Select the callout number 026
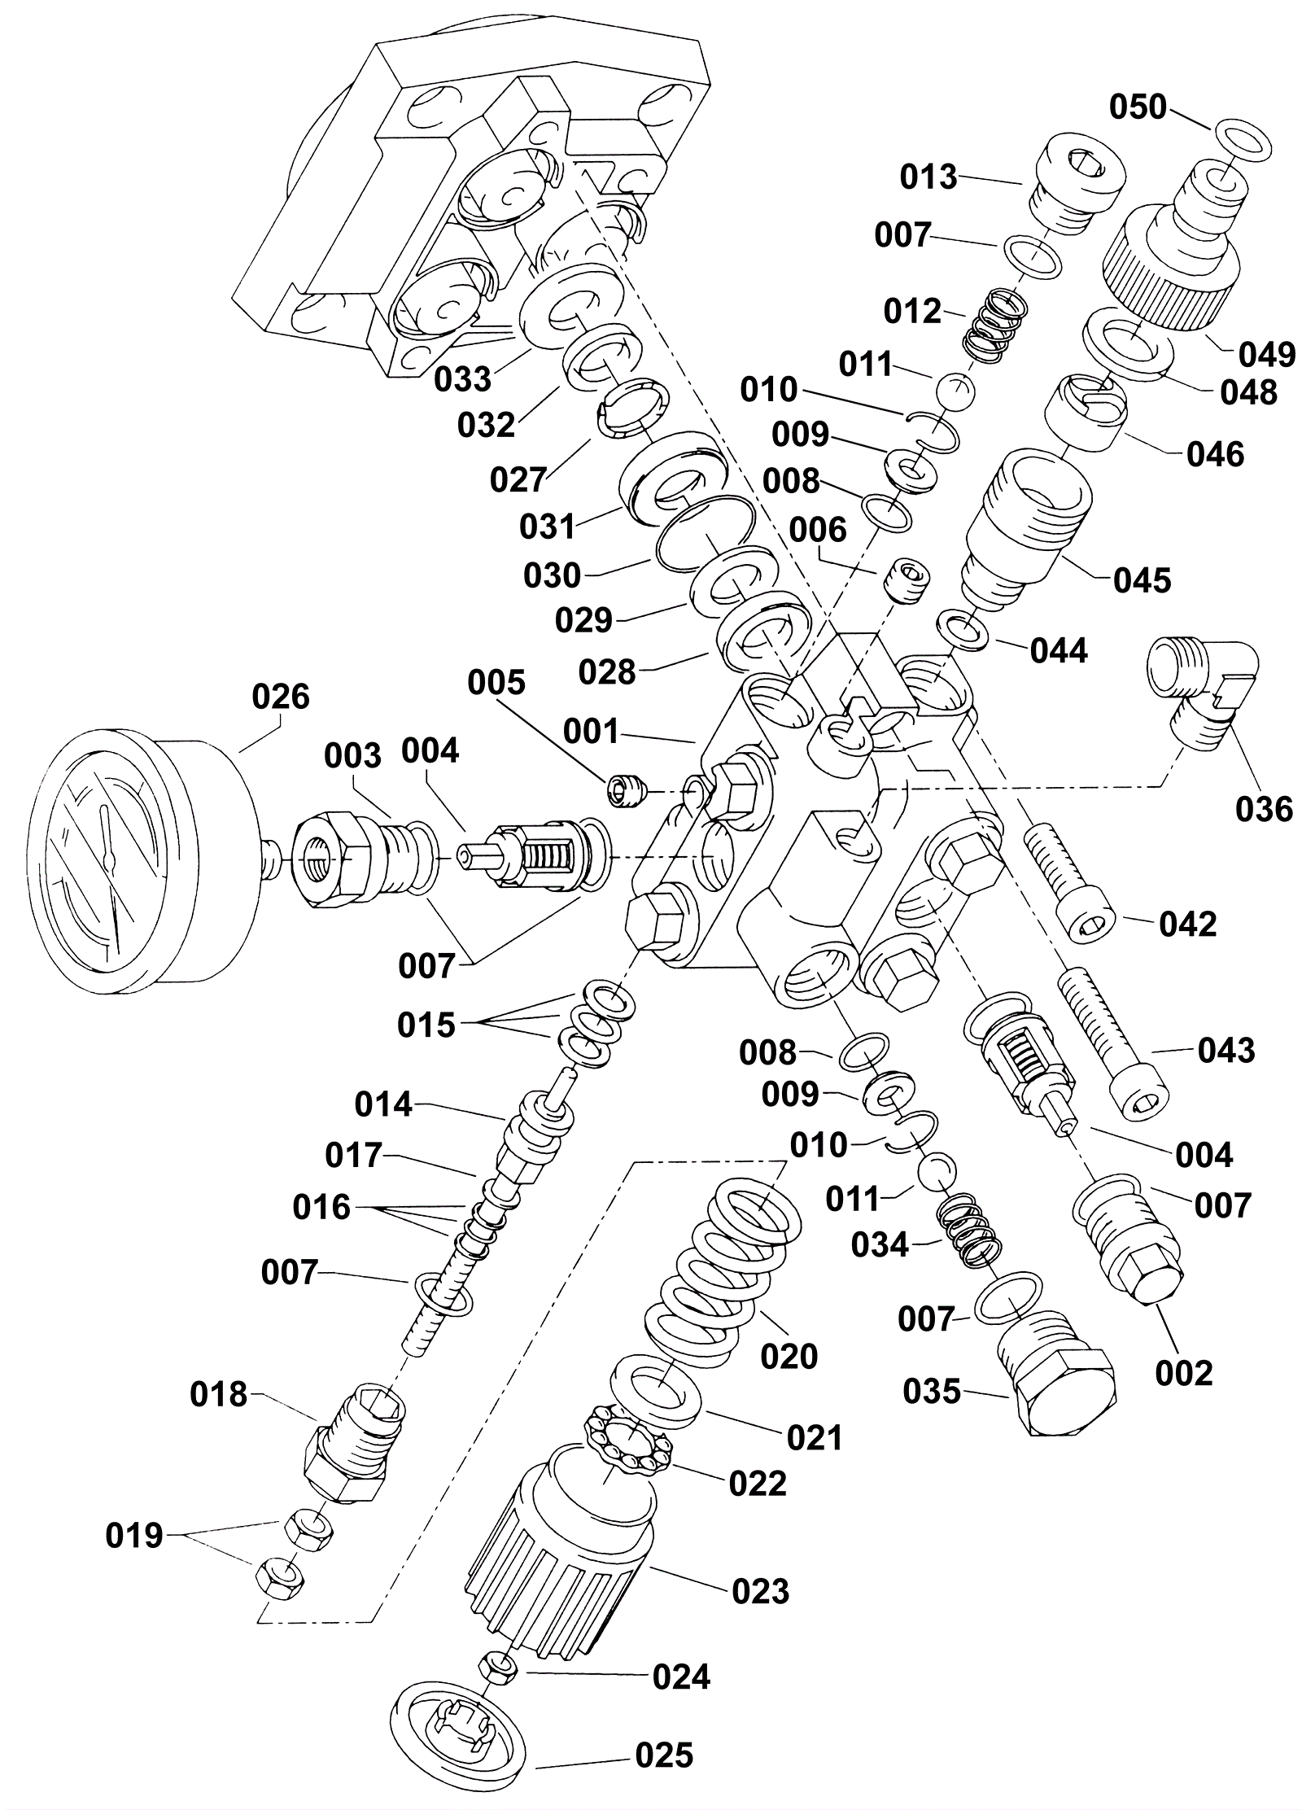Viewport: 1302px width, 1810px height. coord(281,697)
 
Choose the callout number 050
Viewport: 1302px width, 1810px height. coord(1138,107)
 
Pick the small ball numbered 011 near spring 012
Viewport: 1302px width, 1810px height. coord(954,393)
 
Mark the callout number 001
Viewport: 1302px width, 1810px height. coord(591,731)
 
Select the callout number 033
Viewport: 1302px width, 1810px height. coord(462,378)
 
